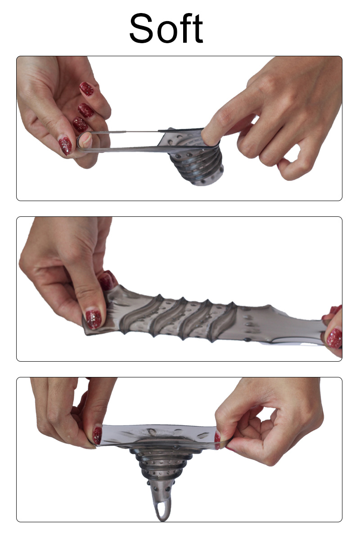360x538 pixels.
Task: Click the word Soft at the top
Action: coord(166,28)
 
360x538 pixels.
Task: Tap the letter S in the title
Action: coord(141,28)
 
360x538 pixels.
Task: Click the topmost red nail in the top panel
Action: coord(87,89)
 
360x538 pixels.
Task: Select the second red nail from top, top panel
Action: coord(85,111)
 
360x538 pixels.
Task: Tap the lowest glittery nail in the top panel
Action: coord(65,145)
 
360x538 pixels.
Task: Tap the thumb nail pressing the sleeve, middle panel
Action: coord(93,319)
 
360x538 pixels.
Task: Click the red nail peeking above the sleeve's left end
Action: coord(108,280)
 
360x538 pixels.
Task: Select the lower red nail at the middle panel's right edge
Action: coord(334,338)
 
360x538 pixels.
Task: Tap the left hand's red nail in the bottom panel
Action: coord(97,435)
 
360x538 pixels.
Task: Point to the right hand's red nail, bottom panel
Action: coord(217,440)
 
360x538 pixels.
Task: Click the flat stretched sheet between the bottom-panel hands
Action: coord(158,435)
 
